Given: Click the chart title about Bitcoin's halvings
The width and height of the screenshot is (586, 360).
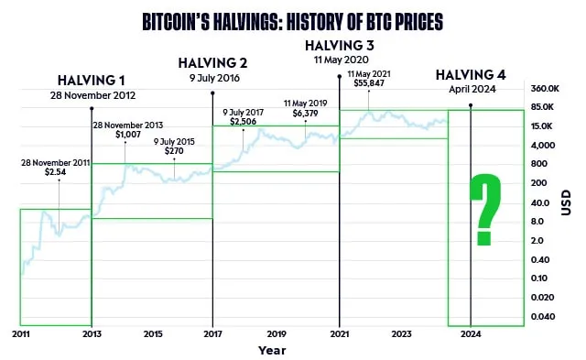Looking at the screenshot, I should pyautogui.click(x=292, y=17).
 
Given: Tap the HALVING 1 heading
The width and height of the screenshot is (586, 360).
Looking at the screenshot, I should pyautogui.click(x=92, y=80).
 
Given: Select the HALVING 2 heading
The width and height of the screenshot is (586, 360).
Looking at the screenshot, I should pyautogui.click(x=212, y=63).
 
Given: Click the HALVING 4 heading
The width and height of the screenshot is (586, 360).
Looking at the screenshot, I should pyautogui.click(x=470, y=75).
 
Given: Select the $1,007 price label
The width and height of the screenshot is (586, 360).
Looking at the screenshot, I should pyautogui.click(x=129, y=135).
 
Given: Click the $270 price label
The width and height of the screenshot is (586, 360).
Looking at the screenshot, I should pyautogui.click(x=174, y=151).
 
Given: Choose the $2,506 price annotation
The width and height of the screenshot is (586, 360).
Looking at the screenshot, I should pyautogui.click(x=243, y=122).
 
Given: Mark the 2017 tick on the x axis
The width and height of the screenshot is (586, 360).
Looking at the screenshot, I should pyautogui.click(x=212, y=335).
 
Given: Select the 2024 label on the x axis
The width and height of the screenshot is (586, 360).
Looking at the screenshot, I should pyautogui.click(x=470, y=335).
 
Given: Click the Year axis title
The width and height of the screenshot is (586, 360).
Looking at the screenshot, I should pyautogui.click(x=271, y=350).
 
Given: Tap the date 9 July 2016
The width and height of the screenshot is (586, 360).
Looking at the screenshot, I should pyautogui.click(x=212, y=79).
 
